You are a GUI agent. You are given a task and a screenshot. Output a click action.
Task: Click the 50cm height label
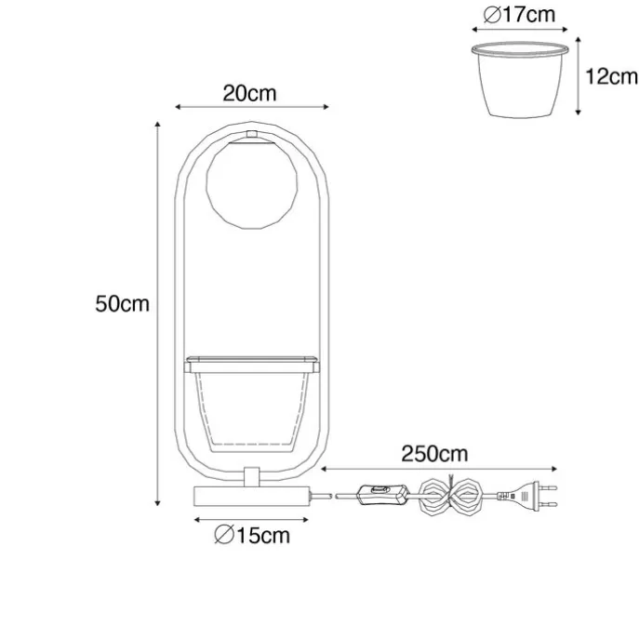(122, 304)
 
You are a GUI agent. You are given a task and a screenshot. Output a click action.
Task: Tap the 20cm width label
(249, 93)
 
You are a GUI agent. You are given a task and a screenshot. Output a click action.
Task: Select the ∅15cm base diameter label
(252, 535)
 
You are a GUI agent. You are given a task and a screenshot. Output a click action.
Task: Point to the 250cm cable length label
(434, 454)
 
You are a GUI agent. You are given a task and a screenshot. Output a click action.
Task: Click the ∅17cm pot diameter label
(519, 15)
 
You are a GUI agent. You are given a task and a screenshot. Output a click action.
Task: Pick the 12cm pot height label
(611, 76)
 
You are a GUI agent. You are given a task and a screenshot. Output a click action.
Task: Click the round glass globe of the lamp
(251, 184)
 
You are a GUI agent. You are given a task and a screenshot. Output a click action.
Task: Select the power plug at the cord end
(527, 496)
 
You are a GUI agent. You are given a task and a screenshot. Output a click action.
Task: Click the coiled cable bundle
(451, 496)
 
